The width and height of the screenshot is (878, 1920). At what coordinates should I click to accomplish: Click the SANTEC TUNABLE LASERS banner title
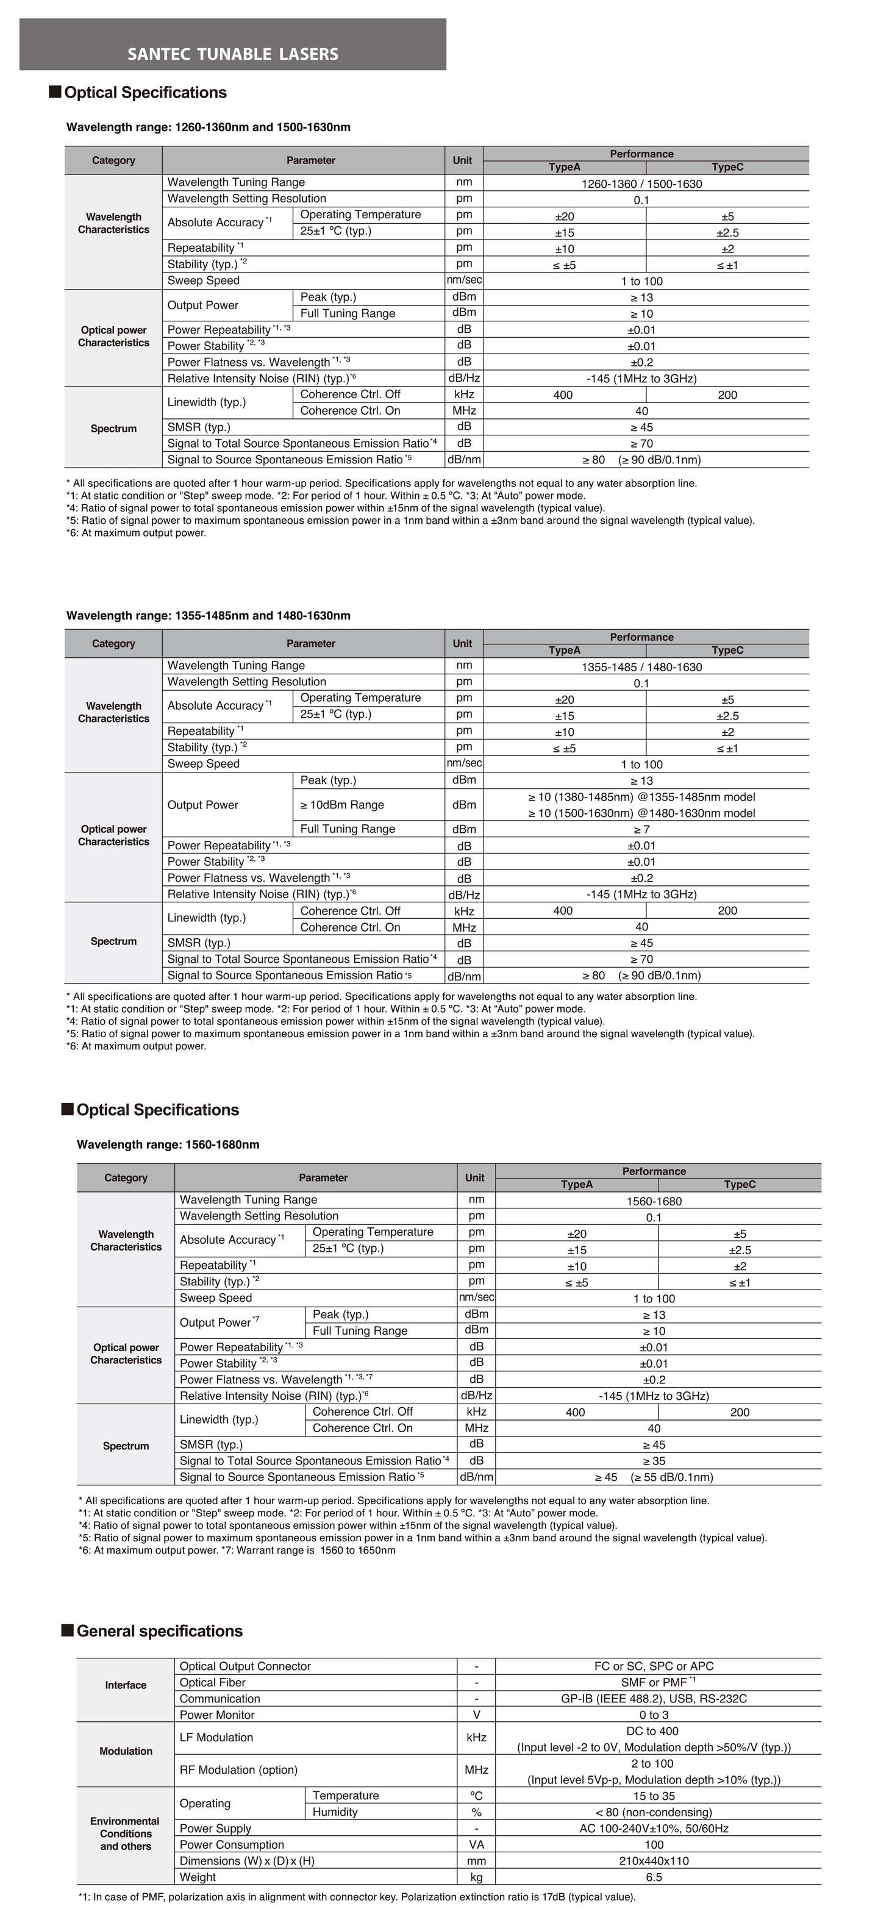232,54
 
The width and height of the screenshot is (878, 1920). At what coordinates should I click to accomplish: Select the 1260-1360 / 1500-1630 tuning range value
641,184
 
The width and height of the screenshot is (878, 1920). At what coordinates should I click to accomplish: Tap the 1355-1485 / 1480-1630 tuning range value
641,667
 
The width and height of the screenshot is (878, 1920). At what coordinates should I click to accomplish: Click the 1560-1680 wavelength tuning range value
654,1201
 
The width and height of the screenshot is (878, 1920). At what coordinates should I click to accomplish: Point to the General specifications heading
160,1630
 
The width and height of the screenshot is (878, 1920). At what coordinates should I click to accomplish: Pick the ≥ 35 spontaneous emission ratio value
654,1461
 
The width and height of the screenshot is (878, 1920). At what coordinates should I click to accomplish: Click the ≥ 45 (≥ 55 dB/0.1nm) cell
654,1477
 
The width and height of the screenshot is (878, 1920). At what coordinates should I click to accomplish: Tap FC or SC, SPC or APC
654,1666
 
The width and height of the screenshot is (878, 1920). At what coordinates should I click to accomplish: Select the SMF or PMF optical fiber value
654,1682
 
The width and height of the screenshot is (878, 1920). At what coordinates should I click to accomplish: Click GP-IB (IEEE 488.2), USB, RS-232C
654,1699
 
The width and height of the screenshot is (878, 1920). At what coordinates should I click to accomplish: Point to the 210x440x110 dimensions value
654,1860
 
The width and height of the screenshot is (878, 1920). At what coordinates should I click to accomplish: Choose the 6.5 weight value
654,1877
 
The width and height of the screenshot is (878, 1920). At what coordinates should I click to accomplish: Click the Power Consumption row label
232,1844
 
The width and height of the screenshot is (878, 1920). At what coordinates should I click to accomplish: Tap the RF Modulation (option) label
238,1769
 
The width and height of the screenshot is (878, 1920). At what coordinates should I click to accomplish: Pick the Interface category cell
125,1685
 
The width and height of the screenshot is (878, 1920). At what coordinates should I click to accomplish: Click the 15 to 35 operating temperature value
654,1796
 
